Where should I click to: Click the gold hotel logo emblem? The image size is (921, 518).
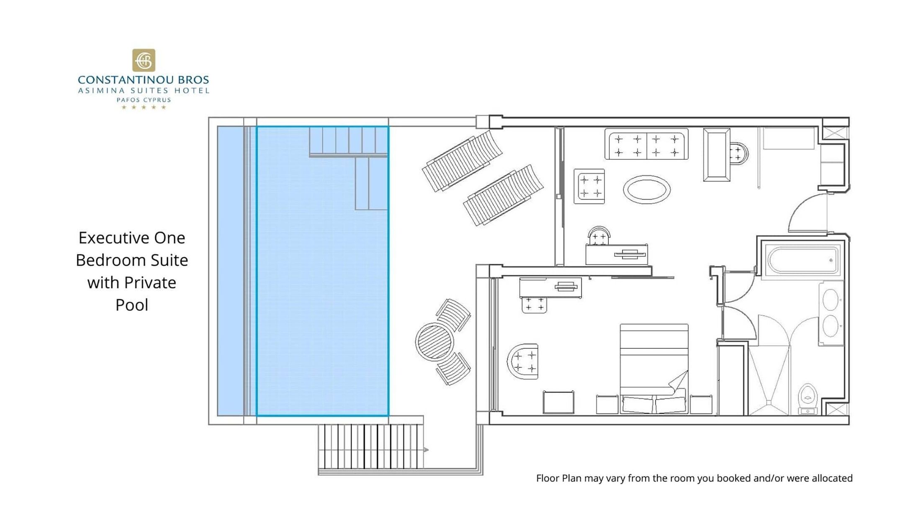144,60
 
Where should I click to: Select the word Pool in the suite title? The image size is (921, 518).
132,305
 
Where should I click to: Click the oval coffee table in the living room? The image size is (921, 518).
647,190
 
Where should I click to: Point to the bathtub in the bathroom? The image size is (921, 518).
802,260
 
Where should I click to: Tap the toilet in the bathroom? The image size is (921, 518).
808,399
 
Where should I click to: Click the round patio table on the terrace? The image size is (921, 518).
435,342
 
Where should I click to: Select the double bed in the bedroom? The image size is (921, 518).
654,369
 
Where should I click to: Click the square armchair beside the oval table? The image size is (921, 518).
589,186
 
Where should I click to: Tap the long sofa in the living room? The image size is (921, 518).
646,144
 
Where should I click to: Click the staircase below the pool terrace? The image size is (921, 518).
370,446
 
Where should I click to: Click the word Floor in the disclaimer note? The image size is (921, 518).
548,478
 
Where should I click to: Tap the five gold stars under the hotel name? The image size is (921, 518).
144,107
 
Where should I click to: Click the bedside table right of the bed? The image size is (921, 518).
701,405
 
